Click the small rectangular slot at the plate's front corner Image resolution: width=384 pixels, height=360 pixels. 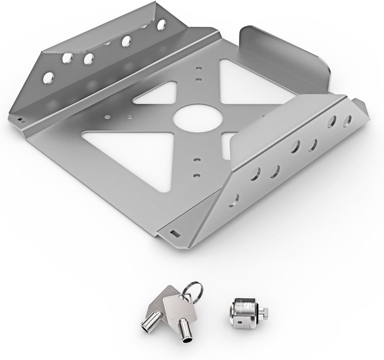(x=174, y=233)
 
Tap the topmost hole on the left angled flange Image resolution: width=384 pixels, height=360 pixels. (x=162, y=25)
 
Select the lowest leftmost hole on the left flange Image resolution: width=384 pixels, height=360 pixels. (x=48, y=78)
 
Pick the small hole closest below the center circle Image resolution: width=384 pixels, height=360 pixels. (x=197, y=160)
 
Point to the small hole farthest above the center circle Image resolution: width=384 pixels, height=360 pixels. (x=198, y=68)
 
